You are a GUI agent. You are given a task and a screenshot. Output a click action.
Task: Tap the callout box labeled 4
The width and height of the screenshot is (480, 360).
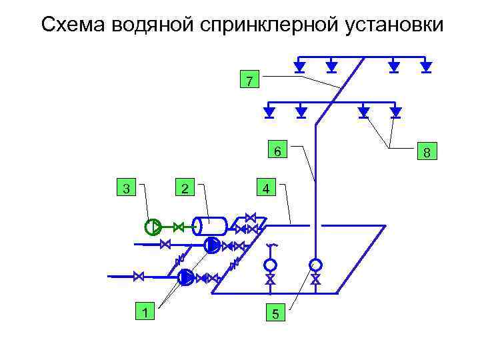pyautogui.click(x=265, y=189)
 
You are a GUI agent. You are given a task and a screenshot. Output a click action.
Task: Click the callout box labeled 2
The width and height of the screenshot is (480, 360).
pyautogui.click(x=185, y=189)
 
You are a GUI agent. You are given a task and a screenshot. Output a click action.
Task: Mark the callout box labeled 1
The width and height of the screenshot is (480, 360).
pyautogui.click(x=144, y=311)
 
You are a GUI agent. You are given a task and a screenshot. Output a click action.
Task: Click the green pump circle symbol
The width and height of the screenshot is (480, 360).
pyautogui.click(x=153, y=227)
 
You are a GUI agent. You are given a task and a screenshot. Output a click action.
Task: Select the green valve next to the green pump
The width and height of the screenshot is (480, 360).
pyautogui.click(x=178, y=227)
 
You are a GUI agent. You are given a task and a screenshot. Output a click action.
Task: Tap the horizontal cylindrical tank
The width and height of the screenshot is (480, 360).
pyautogui.click(x=210, y=226)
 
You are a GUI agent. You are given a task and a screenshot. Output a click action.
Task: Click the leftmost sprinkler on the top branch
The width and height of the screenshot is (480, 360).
pyautogui.click(x=300, y=66)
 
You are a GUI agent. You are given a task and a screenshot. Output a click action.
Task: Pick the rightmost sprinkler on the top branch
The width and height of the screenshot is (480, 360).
pyautogui.click(x=426, y=66)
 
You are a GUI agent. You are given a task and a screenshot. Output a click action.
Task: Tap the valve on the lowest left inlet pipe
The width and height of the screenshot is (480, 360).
pyautogui.click(x=139, y=275)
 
